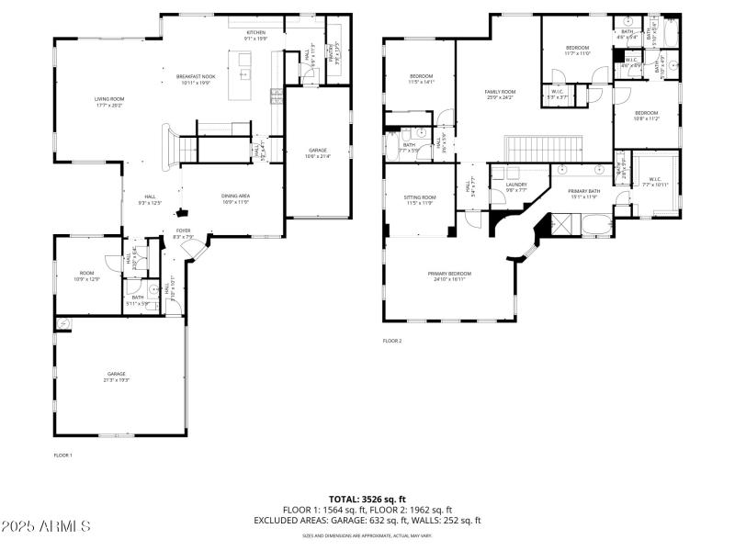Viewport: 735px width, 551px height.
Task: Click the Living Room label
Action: click(109, 102)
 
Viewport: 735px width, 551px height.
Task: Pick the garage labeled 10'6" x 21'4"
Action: click(317, 153)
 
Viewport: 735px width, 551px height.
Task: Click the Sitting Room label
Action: click(420, 200)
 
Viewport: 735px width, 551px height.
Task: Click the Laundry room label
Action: click(515, 187)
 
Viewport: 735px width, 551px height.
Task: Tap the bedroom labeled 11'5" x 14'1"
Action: click(421, 79)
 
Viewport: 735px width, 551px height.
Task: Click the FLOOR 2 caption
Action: click(392, 341)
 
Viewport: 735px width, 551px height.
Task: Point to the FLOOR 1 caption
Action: click(62, 455)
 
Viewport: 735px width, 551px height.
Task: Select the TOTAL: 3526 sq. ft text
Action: click(367, 499)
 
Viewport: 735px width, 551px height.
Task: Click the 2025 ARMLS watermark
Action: click(46, 526)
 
